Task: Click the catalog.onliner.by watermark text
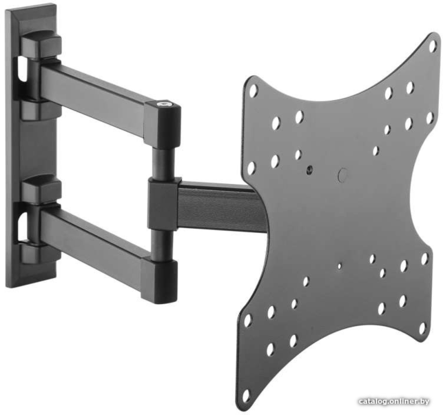[394, 401]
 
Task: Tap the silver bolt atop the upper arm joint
[163, 104]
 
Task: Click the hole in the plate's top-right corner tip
[433, 46]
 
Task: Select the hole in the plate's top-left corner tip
[253, 90]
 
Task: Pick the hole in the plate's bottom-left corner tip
[246, 395]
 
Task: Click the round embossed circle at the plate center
[342, 175]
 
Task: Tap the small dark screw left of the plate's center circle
[309, 169]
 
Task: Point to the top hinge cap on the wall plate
[41, 46]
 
